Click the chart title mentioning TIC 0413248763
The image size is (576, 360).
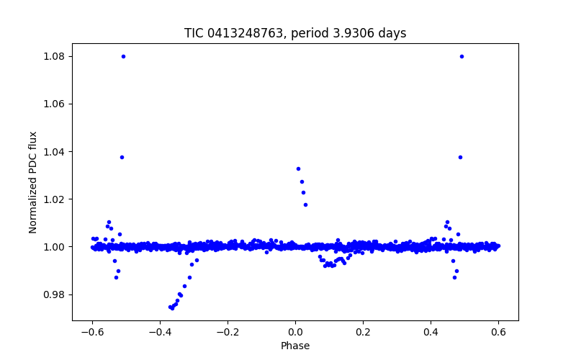295,33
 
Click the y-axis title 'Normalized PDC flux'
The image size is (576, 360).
33,182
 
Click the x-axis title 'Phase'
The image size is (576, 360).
295,346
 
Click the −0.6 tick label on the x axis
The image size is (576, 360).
92,332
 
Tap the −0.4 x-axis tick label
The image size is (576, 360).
160,332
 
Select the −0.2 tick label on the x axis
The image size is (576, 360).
228,332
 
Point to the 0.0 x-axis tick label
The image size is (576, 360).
295,332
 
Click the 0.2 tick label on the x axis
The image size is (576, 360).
363,332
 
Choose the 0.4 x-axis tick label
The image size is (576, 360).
431,332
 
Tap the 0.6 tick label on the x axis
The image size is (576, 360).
498,332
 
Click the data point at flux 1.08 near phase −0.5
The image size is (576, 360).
123,56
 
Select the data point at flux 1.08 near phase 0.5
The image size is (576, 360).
462,56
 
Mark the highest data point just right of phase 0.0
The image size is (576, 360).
298,168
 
